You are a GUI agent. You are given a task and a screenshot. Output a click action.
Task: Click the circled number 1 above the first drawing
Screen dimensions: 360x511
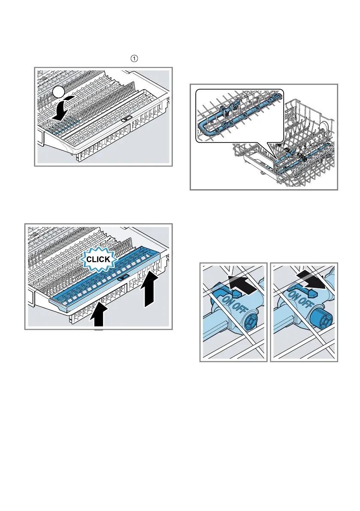tap(134, 58)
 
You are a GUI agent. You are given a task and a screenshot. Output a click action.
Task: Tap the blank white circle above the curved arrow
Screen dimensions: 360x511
tap(59, 92)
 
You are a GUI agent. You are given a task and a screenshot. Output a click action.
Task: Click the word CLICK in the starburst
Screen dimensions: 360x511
tap(98, 260)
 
